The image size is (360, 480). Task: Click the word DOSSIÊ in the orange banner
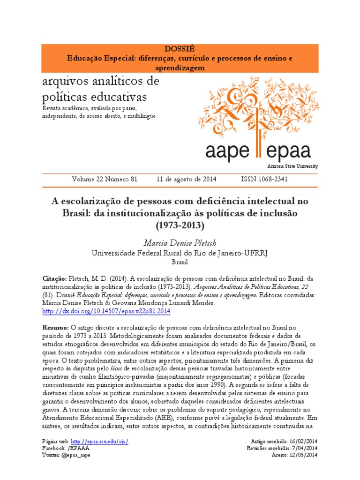(180, 49)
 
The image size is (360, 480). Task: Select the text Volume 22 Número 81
(105, 179)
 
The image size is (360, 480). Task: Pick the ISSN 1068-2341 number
(264, 179)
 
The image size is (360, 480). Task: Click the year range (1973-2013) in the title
(180, 225)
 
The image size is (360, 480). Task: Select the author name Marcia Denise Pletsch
(180, 243)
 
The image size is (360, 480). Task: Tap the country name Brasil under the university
(180, 262)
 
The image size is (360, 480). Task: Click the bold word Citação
(54, 277)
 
